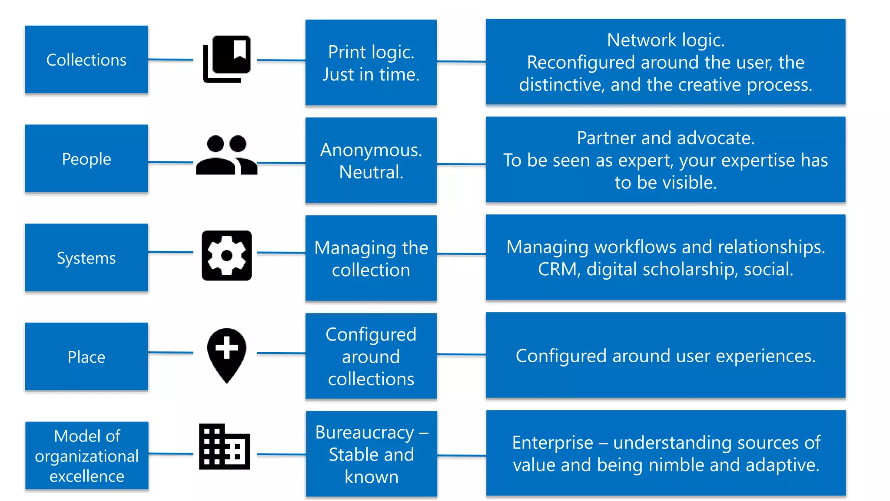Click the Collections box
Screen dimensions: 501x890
[x=86, y=60]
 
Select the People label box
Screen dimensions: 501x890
[x=86, y=159]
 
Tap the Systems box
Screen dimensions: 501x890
[x=86, y=257]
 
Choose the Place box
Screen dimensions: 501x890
[x=86, y=357]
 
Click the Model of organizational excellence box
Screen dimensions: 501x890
[x=86, y=455]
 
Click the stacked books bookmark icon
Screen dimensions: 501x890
[x=226, y=59]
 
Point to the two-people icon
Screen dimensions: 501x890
[x=226, y=155]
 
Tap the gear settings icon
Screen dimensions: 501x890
[x=226, y=256]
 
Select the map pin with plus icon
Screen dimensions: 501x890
[x=226, y=355]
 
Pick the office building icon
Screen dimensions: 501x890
[x=224, y=447]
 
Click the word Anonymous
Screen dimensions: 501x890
[x=370, y=150]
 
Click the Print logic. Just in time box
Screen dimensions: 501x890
[x=371, y=63]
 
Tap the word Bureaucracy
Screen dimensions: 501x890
[x=364, y=432]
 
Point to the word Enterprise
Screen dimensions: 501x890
[x=552, y=443]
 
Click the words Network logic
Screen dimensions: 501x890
[x=665, y=40]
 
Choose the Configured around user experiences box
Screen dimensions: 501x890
[x=665, y=355]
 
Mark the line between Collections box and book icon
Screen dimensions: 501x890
[x=170, y=60]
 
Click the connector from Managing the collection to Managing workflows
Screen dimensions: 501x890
[x=461, y=254]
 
